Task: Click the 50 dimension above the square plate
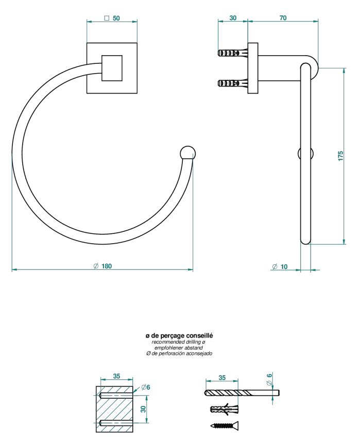click(x=112, y=18)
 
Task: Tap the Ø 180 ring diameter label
click(x=102, y=266)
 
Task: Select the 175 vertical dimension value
click(x=340, y=156)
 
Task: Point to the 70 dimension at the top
click(x=283, y=18)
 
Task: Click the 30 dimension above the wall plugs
click(x=233, y=18)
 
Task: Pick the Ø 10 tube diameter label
click(x=280, y=267)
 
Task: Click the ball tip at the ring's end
click(x=187, y=154)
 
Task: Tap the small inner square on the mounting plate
click(x=112, y=68)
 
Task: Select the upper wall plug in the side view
click(x=233, y=53)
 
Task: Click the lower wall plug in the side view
click(x=233, y=83)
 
